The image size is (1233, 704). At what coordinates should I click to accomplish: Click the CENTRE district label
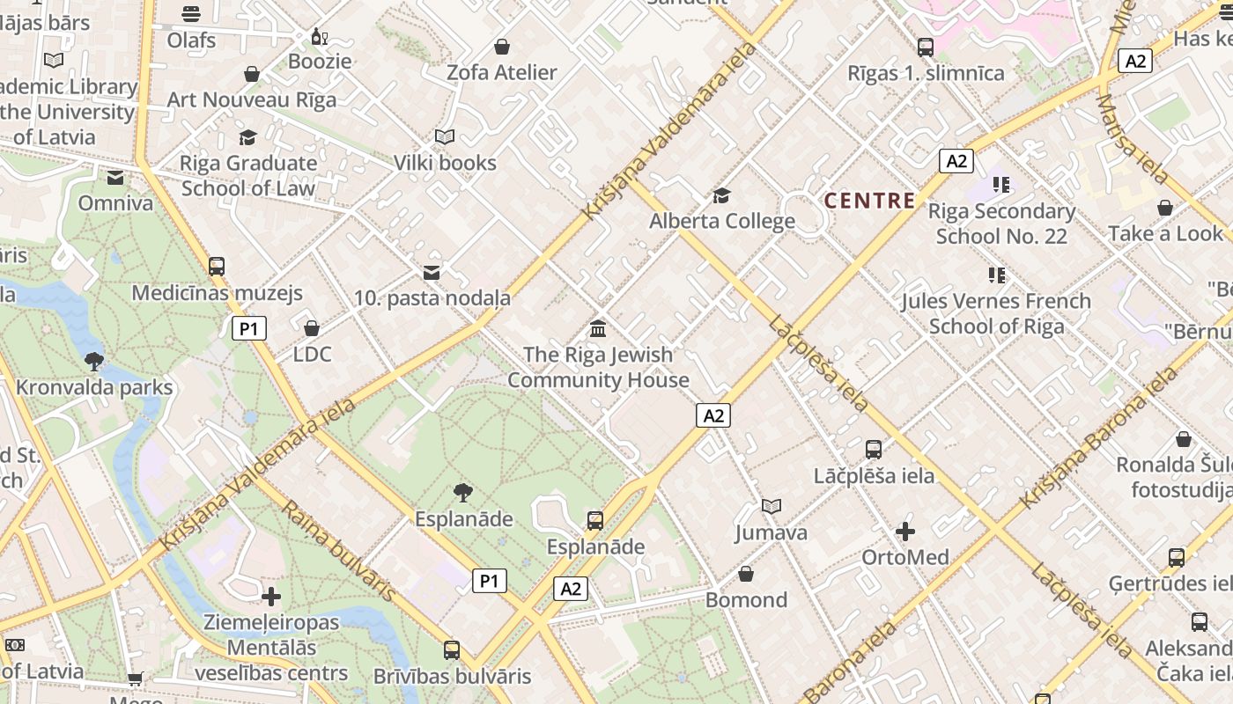point(869,201)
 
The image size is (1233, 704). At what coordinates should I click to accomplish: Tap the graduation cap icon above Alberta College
point(721,195)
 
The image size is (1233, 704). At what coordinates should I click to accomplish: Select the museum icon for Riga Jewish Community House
point(598,329)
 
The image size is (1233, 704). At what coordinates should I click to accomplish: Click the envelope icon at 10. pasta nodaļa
point(432,273)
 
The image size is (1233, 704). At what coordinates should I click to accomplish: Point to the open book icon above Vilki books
point(445,137)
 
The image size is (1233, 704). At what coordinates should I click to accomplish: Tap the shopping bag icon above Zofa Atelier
point(502,47)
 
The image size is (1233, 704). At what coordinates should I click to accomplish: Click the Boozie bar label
point(321,62)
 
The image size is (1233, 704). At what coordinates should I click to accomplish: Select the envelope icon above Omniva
point(115,179)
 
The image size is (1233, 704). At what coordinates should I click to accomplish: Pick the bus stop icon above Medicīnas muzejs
point(217,267)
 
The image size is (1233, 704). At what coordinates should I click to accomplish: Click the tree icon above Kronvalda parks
point(94,361)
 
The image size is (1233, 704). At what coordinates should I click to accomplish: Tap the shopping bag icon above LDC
point(312,329)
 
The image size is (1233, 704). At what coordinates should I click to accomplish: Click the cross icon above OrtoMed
point(904,532)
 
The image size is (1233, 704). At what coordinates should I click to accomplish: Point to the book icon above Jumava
point(772,507)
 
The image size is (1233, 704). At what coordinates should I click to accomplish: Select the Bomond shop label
point(746,600)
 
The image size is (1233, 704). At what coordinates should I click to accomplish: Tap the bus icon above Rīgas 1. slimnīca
point(926,48)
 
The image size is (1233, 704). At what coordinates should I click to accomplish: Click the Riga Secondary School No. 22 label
point(1001,224)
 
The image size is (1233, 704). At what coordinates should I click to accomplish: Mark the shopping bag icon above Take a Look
point(1165,209)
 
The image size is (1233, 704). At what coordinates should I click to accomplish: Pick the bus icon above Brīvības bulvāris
point(452,650)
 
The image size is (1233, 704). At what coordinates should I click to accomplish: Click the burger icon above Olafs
point(191,14)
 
